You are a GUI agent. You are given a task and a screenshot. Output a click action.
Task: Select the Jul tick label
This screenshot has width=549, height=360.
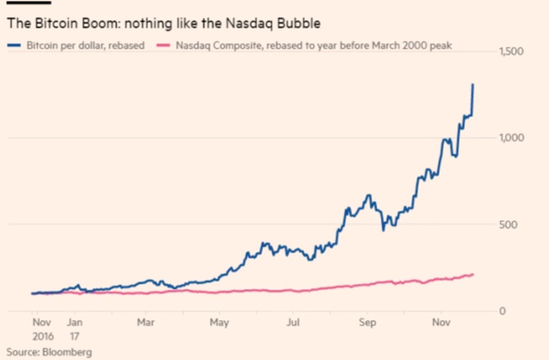coord(296,320)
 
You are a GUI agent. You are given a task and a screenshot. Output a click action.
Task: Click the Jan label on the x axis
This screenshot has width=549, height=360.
coord(74,320)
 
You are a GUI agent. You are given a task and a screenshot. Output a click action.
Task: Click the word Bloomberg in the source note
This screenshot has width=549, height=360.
coord(66,352)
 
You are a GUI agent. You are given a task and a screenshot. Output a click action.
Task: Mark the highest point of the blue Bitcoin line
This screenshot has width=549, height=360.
coord(473,84)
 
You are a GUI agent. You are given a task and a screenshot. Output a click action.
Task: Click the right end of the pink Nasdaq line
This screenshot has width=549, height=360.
coord(474,274)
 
